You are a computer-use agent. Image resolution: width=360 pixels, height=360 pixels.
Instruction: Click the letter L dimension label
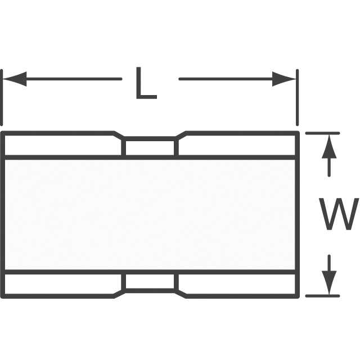(146, 83)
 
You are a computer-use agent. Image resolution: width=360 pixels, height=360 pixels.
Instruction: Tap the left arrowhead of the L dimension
(14, 79)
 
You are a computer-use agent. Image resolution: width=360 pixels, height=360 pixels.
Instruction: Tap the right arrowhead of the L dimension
(284, 79)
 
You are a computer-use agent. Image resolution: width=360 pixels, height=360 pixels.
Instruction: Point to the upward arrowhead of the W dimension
(329, 146)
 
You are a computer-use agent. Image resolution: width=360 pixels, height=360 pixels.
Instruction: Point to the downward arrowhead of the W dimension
(329, 282)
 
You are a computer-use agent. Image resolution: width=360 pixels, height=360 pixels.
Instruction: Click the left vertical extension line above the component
(2, 97)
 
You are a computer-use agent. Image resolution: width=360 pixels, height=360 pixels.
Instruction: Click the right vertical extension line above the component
(298, 97)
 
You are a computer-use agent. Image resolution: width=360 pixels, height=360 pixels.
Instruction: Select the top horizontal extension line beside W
(322, 133)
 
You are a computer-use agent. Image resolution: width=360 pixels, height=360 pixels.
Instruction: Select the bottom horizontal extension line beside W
(322, 296)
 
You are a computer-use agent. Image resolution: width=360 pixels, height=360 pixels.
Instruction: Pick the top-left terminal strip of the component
(61, 145)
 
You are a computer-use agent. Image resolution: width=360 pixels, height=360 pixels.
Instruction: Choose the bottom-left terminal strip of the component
(61, 284)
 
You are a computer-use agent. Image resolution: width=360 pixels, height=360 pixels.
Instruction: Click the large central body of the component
(150, 215)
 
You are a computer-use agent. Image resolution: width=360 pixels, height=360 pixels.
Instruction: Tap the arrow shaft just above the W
(329, 167)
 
